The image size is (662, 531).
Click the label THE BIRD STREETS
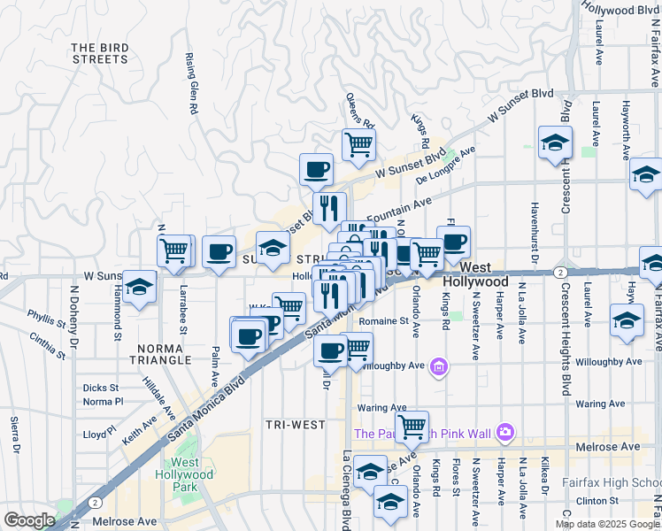[100, 53]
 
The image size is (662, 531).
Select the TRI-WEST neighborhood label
[295, 425]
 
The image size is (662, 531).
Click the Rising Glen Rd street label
[190, 82]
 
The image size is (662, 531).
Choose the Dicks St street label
[100, 388]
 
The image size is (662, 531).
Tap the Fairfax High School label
[612, 483]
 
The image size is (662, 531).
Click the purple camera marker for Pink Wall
[505, 433]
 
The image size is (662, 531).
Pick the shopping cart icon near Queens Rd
[358, 142]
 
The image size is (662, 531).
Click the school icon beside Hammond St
[139, 287]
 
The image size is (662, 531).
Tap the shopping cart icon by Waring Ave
[412, 427]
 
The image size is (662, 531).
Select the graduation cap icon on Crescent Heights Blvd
[555, 142]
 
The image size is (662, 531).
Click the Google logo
[29, 519]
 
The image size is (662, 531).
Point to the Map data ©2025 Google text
[607, 524]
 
